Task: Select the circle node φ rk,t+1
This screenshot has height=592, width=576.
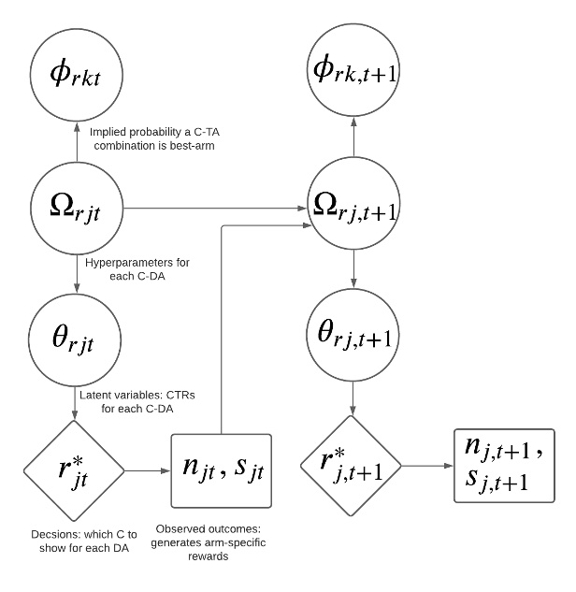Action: pos(353,69)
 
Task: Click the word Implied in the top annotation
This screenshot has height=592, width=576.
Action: pos(109,133)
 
